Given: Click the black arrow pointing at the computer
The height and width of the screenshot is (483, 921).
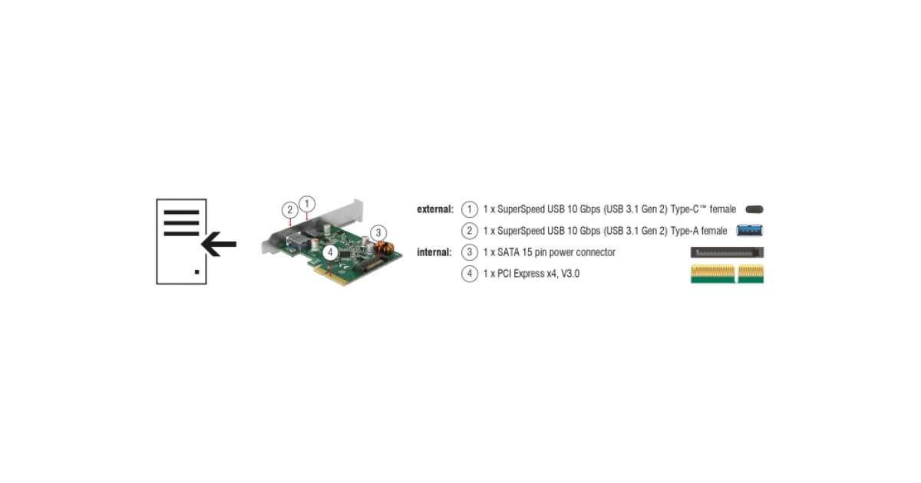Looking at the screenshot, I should (x=220, y=245).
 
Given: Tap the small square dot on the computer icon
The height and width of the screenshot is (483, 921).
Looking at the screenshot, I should (x=197, y=271).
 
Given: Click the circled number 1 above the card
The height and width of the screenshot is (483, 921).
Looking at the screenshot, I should (x=306, y=203).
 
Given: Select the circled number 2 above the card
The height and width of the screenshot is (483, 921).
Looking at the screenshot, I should (x=289, y=209).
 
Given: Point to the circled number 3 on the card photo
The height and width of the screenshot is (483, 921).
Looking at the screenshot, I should (x=378, y=232).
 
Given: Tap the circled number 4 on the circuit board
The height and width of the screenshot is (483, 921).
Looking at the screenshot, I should (x=329, y=251).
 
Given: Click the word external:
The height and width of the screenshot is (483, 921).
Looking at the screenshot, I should (x=435, y=209).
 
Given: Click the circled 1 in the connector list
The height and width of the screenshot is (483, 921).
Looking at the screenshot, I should (x=470, y=209).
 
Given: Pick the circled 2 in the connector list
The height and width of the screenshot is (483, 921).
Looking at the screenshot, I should (x=470, y=230).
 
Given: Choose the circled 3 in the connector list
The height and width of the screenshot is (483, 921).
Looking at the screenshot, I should (x=470, y=252).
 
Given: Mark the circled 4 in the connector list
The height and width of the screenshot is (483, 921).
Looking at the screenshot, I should (x=470, y=274).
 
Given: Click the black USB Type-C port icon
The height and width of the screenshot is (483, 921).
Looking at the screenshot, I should (x=754, y=209).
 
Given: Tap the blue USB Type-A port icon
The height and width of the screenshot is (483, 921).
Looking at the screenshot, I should (x=750, y=230).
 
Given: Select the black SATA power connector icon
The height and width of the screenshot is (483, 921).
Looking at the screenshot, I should (x=728, y=252).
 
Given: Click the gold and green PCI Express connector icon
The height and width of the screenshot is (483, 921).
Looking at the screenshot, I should (x=727, y=274).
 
